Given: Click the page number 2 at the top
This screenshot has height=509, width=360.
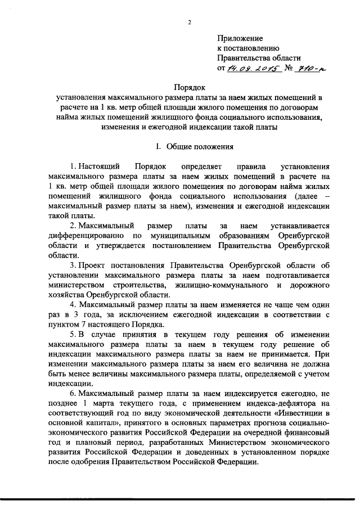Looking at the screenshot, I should [x=189, y=22].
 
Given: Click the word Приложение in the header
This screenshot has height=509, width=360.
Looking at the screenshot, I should [x=240, y=38].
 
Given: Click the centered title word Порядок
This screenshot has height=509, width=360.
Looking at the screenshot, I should [x=189, y=88].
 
